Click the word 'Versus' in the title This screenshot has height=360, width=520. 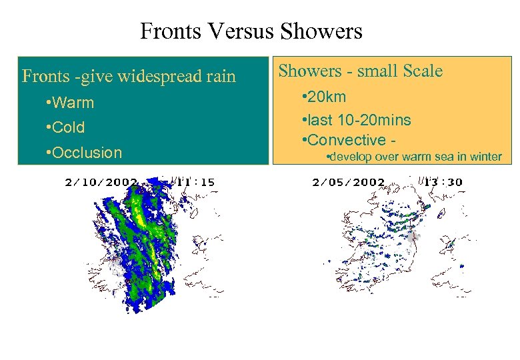245,31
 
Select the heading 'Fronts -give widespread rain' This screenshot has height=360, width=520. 129,77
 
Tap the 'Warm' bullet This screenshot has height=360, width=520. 70,103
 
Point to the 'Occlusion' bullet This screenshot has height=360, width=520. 84,153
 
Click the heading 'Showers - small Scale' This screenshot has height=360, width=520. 360,71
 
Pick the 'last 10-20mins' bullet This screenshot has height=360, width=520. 357,120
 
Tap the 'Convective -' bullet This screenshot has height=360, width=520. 345,140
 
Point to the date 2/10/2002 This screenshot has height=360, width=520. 101,181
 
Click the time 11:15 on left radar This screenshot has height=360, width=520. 195,181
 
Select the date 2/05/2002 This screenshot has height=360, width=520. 349,181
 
